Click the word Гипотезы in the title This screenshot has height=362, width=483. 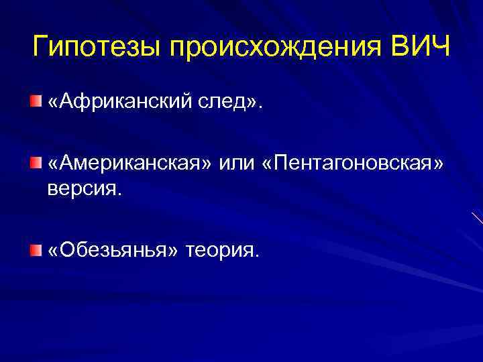[95, 48]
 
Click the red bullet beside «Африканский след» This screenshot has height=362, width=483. [34, 101]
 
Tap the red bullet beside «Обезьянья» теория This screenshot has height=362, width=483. [34, 249]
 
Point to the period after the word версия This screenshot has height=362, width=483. [121, 194]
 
